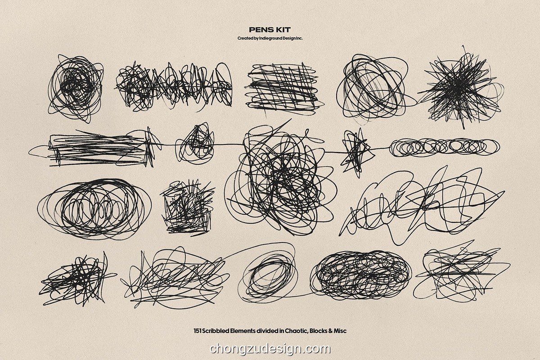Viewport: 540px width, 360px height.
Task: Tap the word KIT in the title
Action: click(284, 30)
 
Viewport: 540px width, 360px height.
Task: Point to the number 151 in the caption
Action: click(198, 331)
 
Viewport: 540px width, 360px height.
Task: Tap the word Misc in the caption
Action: click(340, 331)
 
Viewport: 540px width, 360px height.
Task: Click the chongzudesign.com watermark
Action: click(270, 349)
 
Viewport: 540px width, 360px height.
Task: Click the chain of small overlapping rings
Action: click(444, 147)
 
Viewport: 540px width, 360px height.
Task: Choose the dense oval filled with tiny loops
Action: click(361, 275)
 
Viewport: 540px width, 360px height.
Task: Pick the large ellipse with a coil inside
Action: click(94, 209)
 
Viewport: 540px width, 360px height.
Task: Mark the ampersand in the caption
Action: click(330, 331)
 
